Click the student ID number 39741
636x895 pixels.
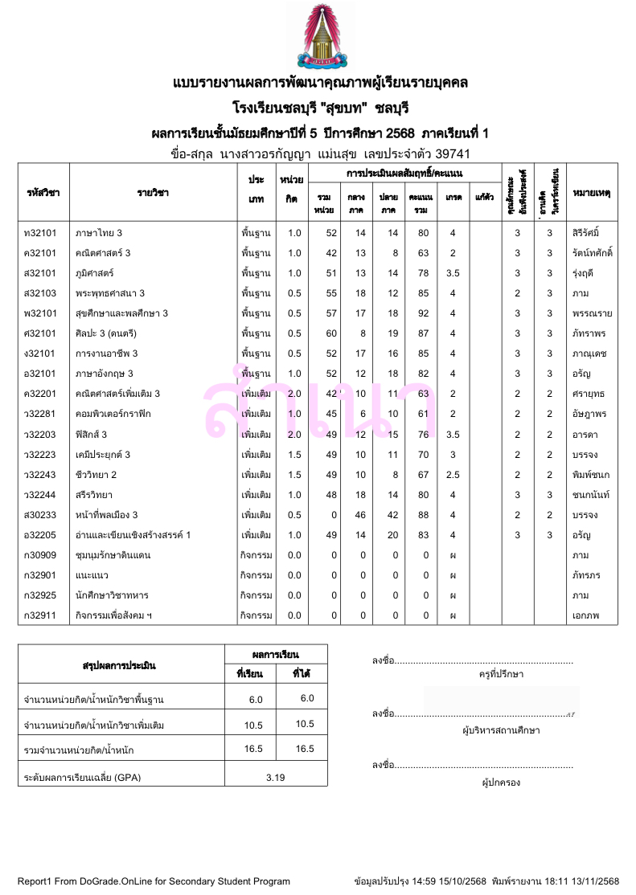[x=453, y=153]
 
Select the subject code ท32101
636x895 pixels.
[x=41, y=233]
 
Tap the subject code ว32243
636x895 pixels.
[x=41, y=474]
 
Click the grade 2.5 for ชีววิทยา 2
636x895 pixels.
[x=453, y=474]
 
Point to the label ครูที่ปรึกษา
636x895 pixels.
[x=500, y=674]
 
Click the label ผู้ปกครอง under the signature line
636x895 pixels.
[x=500, y=782]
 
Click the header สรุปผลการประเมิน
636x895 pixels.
[x=119, y=665]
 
